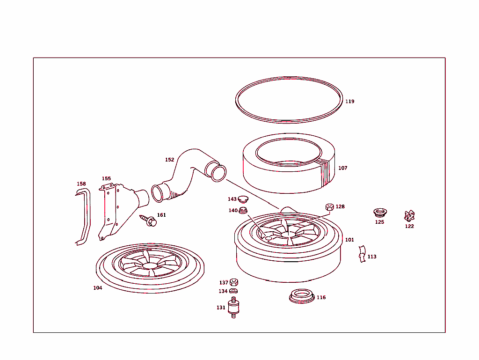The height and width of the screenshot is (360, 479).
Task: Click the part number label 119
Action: point(349,102)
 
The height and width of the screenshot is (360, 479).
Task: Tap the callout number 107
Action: point(343,168)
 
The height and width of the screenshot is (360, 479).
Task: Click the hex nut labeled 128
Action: point(329,207)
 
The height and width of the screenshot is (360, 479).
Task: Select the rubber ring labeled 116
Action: point(301,296)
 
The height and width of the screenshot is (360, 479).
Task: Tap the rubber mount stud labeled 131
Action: point(233,308)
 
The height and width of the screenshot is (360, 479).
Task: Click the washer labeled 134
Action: point(234,291)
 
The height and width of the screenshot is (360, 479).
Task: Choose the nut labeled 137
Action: point(234,282)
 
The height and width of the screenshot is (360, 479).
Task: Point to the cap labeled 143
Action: point(243,199)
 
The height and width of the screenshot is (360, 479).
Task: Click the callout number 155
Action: point(107,179)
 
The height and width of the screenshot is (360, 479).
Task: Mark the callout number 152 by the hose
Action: point(169,160)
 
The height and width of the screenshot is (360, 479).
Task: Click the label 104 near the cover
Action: point(97,288)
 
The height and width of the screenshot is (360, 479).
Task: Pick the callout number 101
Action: point(349,240)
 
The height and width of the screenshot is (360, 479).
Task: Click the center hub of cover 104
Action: point(150,265)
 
